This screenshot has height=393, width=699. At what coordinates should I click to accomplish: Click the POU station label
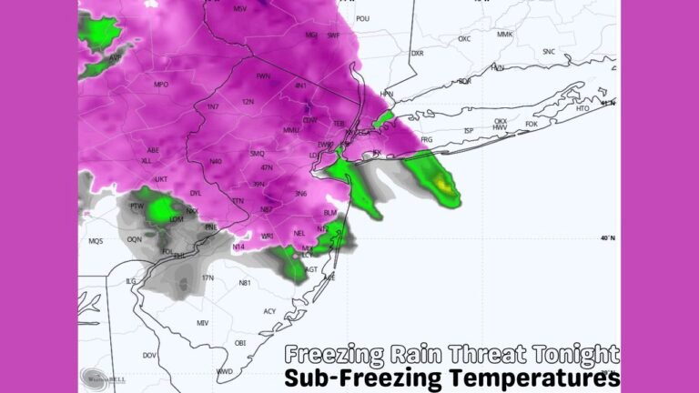363,18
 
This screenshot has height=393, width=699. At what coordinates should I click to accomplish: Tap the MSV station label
240,9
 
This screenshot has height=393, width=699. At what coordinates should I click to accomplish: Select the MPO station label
161,85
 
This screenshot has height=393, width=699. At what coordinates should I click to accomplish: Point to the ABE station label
153,150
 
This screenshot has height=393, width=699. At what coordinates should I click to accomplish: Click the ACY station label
269,311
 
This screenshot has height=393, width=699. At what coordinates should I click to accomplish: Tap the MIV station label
202,323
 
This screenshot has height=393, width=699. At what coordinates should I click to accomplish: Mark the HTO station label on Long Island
583,108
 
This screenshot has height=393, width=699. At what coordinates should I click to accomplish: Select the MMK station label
505,35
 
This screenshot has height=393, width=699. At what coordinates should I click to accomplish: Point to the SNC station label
549,52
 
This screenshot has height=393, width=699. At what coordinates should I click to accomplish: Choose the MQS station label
96,241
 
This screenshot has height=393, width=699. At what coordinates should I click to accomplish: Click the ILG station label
131,281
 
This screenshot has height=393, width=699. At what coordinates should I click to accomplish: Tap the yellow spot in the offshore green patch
444,186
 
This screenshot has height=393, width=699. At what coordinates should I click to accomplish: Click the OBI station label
241,343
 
